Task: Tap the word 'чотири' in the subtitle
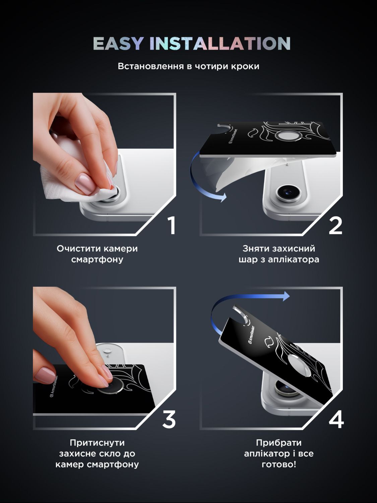(211, 66)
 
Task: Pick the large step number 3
(169, 420)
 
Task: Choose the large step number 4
(336, 420)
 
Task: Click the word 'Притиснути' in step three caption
(97, 443)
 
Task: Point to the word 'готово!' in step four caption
(279, 464)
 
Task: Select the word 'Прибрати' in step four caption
(279, 443)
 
